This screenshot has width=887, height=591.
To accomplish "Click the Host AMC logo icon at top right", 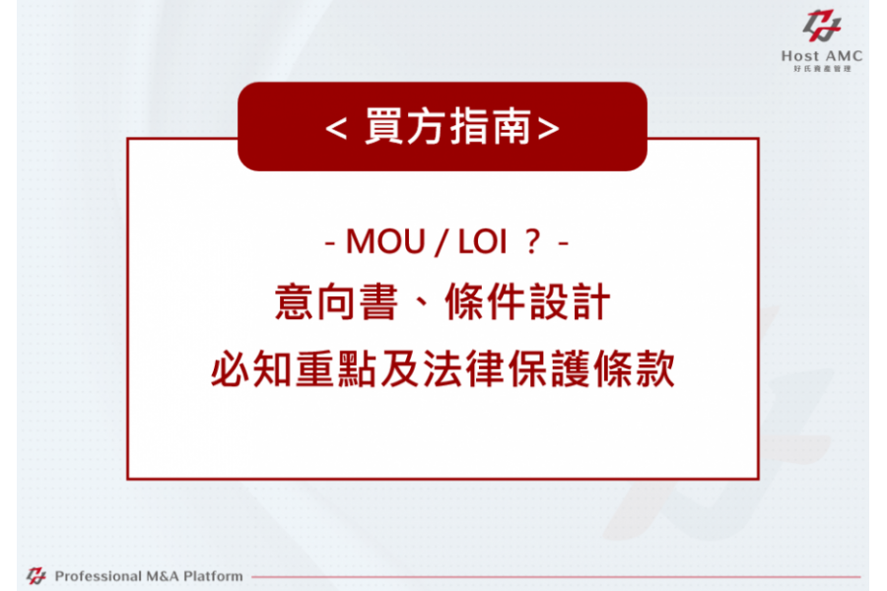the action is (x=822, y=26).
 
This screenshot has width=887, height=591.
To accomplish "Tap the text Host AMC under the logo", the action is (x=822, y=56).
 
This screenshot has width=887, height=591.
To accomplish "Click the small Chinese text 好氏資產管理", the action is (x=822, y=68).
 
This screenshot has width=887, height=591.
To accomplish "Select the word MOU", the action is (x=385, y=242).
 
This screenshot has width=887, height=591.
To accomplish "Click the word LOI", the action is (x=482, y=242).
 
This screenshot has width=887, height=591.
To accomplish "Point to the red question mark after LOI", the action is (x=532, y=241).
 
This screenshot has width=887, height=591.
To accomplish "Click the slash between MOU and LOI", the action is (x=441, y=242).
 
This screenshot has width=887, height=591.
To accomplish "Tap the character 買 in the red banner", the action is (x=384, y=125).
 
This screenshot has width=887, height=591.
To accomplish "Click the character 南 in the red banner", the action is (x=512, y=125).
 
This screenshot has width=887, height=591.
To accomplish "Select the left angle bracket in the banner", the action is (x=336, y=128).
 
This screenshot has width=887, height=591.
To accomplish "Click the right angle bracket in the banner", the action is (x=548, y=128).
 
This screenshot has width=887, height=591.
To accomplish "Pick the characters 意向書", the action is (x=337, y=302).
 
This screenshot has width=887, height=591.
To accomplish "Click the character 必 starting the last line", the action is (x=230, y=368).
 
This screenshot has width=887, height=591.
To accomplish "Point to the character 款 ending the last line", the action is (x=655, y=368).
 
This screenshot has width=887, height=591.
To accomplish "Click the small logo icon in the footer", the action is (x=36, y=575).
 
